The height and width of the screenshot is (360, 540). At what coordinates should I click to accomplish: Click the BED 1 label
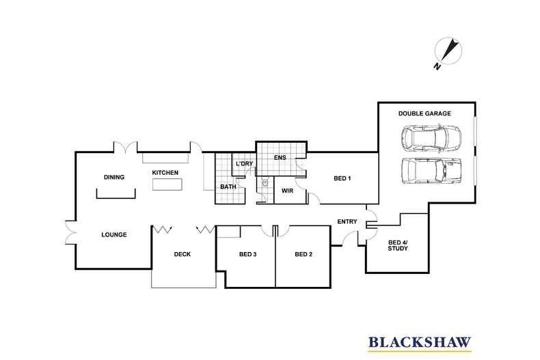(342, 178)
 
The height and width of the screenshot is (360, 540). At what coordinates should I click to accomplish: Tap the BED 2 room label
(303, 254)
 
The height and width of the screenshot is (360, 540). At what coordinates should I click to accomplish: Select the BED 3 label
(247, 254)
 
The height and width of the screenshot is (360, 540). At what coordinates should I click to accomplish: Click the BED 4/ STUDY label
(397, 245)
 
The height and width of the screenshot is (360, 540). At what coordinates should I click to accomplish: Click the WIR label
(288, 191)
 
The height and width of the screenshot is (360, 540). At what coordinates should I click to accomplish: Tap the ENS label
(280, 158)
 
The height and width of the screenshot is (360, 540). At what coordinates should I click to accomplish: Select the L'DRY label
(244, 164)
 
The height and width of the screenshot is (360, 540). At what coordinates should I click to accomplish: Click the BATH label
(228, 187)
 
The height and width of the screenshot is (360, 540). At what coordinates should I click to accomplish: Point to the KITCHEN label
(165, 173)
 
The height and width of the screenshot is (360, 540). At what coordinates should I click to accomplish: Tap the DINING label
(114, 177)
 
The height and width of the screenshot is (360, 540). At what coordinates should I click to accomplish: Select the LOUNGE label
(114, 234)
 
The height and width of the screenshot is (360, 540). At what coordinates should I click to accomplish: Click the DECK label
(182, 254)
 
